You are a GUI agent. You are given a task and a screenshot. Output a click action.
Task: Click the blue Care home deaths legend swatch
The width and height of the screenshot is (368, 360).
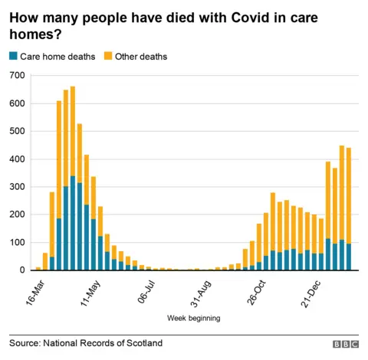13,57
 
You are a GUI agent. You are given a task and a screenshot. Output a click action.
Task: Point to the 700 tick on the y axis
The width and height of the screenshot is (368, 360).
16,75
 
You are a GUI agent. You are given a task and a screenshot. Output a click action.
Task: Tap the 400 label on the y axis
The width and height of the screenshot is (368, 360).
16,159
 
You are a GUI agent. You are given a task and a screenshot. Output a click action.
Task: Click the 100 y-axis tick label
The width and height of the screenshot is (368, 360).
16,242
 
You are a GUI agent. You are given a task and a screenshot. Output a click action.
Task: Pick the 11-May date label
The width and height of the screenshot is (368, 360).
90,291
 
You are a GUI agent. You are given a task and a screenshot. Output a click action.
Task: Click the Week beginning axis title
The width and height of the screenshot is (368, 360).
194,317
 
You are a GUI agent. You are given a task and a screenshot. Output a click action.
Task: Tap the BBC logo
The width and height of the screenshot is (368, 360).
346,344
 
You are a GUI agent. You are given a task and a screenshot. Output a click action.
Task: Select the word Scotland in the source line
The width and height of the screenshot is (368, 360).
143,343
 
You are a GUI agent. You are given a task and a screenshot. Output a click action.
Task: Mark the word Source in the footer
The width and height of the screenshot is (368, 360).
25,343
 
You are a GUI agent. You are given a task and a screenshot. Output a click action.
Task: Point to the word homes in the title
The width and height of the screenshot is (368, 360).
29,34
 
